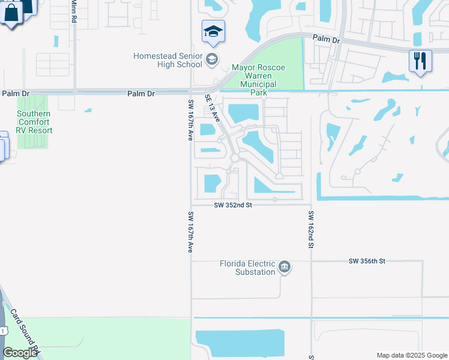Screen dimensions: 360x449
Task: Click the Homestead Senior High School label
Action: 167,60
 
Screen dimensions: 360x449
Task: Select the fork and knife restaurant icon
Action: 420,61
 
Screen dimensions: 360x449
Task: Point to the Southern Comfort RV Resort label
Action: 34,122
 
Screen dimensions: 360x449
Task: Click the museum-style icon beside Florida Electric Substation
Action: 285,267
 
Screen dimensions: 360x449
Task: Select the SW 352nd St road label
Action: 233,205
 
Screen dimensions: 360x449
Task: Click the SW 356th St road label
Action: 366,261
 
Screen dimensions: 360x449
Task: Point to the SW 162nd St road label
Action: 311,230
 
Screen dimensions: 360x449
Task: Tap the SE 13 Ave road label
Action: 213,108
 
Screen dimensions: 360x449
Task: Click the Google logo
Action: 20,353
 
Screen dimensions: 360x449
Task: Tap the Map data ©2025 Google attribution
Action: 411,355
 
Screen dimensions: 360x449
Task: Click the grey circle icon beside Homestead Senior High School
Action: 212,59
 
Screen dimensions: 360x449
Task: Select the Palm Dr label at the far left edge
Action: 15,94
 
